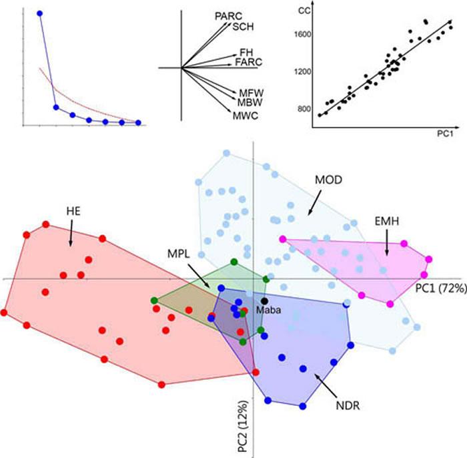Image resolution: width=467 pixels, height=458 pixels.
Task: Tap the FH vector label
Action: point(246,52)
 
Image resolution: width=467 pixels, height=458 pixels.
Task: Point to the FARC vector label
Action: point(246,62)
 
